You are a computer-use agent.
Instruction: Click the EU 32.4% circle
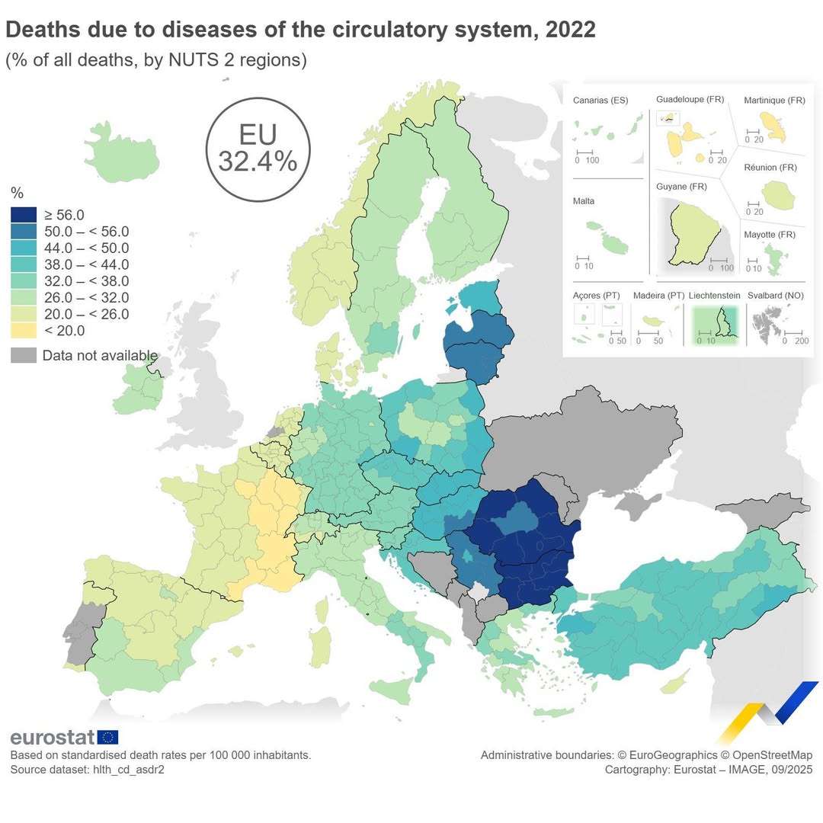point(258,149)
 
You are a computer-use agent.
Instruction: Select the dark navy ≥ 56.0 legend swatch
point(24,215)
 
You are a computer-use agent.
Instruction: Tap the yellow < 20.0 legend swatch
point(24,331)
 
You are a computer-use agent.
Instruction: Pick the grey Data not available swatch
point(24,355)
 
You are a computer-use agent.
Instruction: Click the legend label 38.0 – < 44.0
point(87,264)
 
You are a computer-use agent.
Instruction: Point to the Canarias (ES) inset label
point(600,101)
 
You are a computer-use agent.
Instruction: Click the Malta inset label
point(584,201)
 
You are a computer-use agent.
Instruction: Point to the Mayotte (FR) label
point(770,235)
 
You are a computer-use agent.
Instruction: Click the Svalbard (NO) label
point(776,295)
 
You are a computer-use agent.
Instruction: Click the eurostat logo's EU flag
point(107,737)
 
